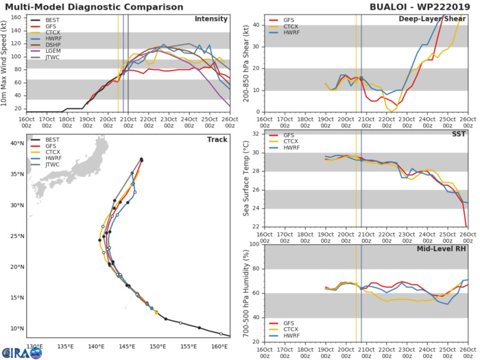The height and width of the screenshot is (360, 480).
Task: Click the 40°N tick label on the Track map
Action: (x=15, y=143)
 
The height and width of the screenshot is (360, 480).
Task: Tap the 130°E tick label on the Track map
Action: (x=34, y=346)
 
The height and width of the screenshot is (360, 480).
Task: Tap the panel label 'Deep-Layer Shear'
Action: (x=432, y=19)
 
